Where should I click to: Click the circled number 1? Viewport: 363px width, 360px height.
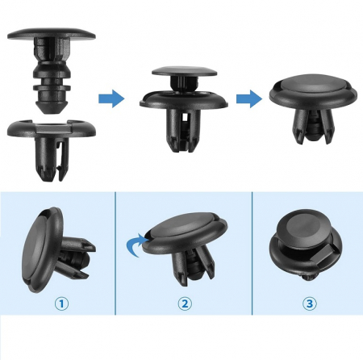tap(61, 303)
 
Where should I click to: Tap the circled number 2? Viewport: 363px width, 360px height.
tap(185, 303)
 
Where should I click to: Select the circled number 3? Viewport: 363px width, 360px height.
tap(310, 303)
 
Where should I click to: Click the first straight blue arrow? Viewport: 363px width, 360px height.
tap(111, 98)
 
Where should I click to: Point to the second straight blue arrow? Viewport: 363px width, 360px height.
tap(249, 98)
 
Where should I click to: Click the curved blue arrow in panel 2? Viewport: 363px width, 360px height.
tap(136, 244)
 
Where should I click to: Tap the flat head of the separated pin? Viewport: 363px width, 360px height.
tap(52, 35)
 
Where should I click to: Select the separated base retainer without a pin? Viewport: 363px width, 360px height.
tap(52, 149)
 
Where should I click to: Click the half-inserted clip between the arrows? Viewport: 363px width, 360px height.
tap(184, 109)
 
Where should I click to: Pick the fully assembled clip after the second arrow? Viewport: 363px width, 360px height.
tap(314, 107)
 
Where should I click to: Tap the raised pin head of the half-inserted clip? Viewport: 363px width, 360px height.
tap(185, 71)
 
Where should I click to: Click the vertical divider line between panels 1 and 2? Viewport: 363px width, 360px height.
tap(115, 253)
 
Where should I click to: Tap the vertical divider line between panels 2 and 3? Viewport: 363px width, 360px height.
tap(252, 253)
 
